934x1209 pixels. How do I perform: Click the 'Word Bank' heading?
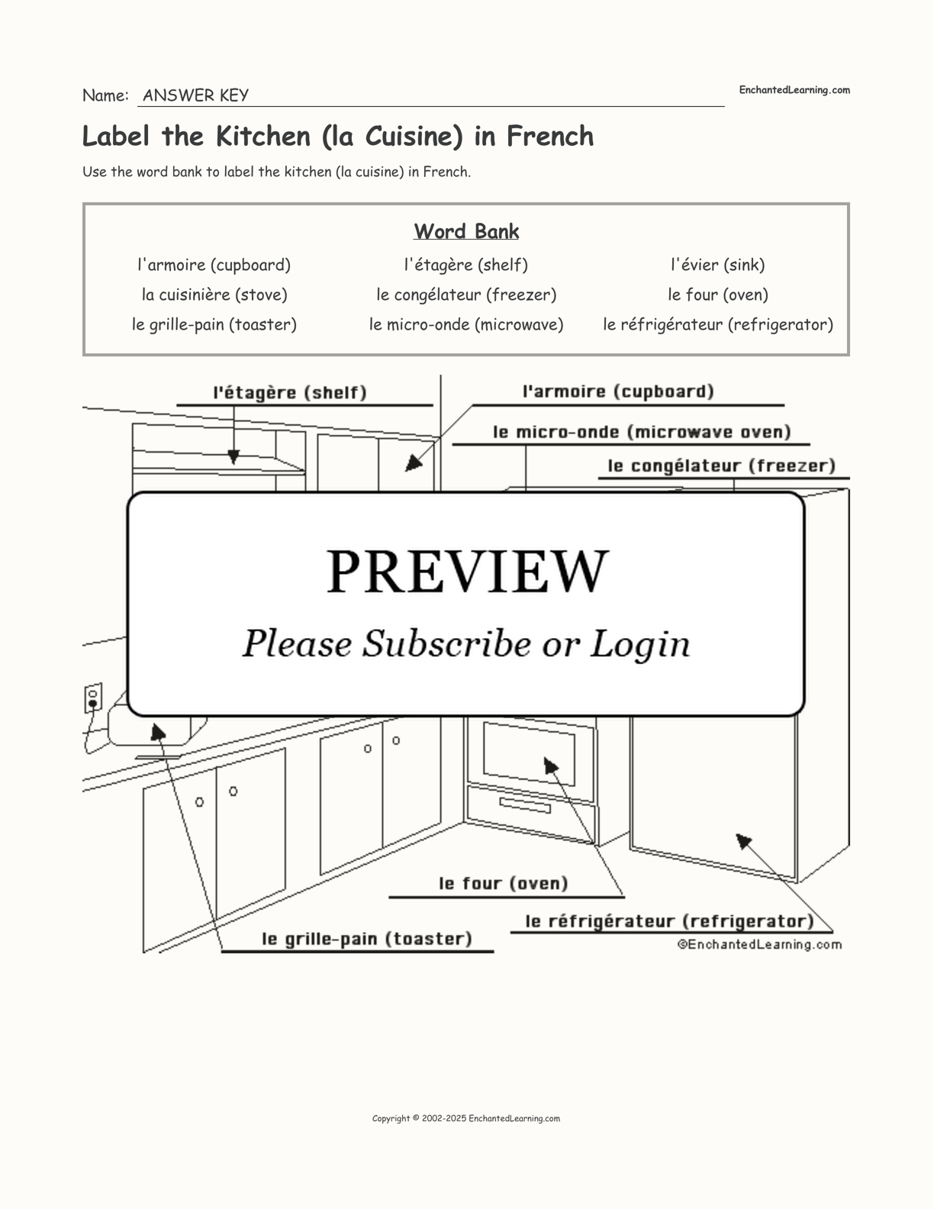466,231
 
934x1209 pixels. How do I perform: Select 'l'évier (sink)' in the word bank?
717,265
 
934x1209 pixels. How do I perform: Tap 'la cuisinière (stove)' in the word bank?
214,295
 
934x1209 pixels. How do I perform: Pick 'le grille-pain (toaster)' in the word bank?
214,324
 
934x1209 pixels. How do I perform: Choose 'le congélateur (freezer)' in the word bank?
466,295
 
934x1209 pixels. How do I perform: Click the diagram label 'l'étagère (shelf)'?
290,392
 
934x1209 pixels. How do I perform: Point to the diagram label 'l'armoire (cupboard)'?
618,392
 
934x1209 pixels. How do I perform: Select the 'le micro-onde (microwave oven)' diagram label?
642,432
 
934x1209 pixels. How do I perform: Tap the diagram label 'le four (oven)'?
504,883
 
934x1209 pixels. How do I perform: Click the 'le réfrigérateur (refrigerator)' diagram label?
669,921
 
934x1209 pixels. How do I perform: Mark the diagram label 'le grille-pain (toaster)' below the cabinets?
367,939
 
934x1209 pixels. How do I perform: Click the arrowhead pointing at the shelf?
233,457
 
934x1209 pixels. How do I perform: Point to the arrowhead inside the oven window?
550,765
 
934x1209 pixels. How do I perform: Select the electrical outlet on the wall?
93,698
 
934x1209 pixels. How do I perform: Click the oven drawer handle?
525,804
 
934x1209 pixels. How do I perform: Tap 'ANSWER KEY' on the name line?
195,95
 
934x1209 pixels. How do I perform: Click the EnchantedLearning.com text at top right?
794,90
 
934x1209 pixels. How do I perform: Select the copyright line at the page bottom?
466,1118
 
